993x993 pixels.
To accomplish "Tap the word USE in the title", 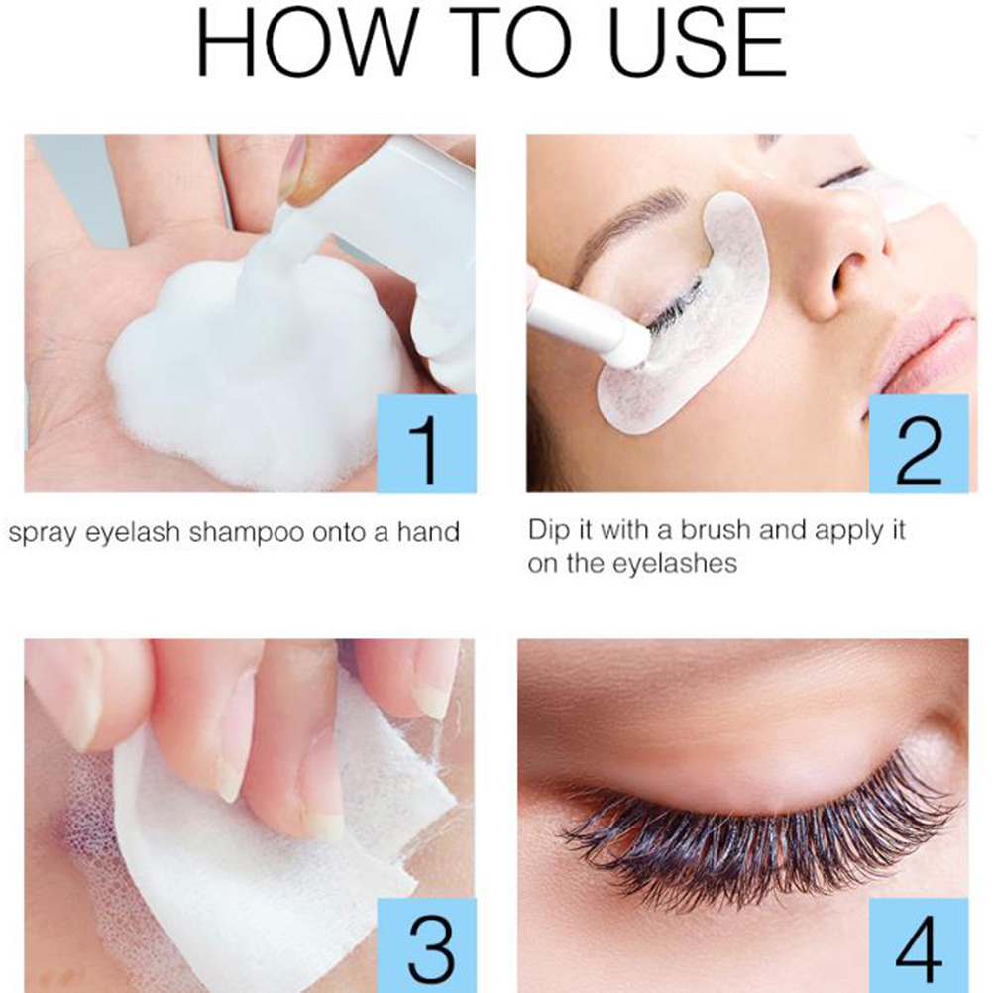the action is point(697,42).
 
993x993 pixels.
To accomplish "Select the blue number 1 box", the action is point(426,443).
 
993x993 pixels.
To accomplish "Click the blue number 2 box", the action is point(919,443).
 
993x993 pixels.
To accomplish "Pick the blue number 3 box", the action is point(426,944).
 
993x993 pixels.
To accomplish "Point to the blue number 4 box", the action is point(919,944).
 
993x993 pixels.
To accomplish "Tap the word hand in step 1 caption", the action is point(428,531).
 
